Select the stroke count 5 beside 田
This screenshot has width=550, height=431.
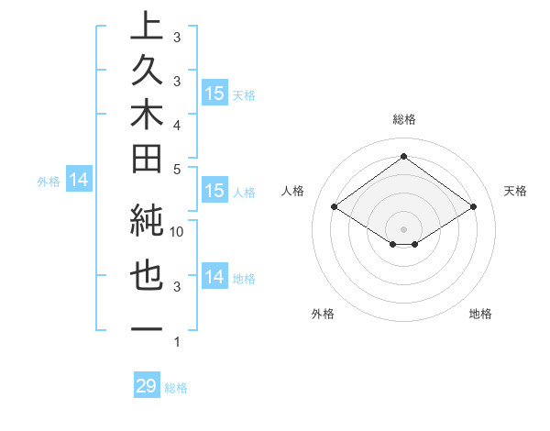[177, 168]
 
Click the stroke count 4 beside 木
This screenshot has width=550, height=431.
[177, 124]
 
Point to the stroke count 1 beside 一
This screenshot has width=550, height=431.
[177, 342]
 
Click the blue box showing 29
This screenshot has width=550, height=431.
[147, 386]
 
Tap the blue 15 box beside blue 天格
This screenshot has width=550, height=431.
[214, 94]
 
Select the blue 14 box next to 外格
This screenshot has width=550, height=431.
[79, 181]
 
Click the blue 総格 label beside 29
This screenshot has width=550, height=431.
[176, 388]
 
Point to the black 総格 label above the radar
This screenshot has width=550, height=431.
[403, 120]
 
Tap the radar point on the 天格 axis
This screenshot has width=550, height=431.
[473, 207]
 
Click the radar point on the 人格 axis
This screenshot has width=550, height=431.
[335, 207]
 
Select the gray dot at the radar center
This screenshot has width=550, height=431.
[403, 228]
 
